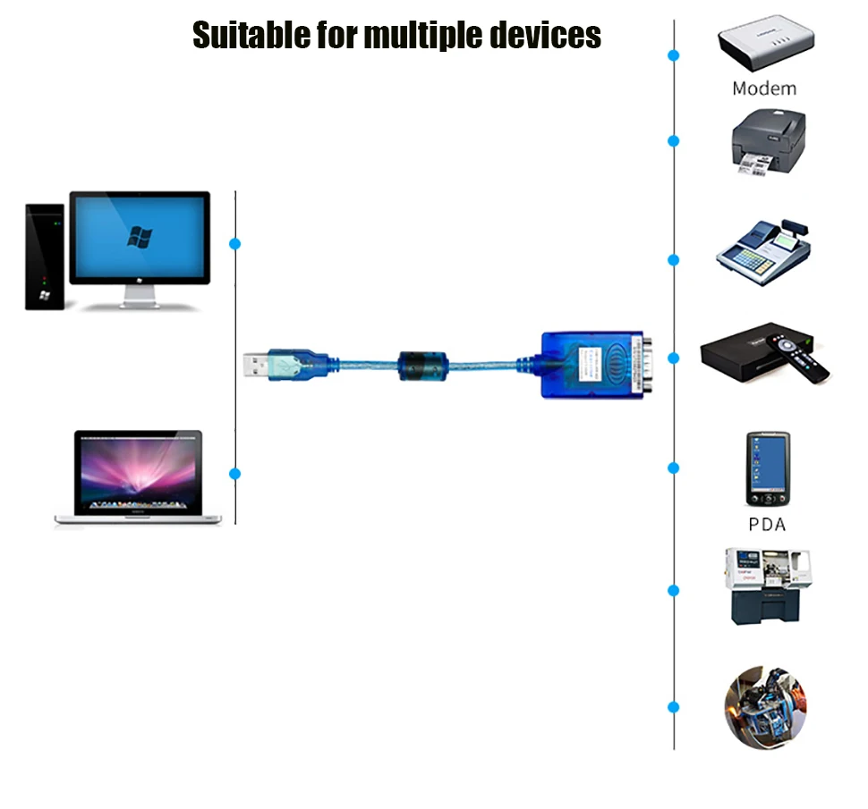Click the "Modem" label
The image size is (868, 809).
(763, 88)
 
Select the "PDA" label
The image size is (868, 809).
(767, 524)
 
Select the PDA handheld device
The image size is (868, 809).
(768, 469)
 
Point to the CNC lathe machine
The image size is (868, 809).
(768, 585)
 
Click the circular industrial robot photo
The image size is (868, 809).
(765, 706)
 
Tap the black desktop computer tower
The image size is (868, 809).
(44, 257)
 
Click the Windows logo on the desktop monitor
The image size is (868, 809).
(140, 237)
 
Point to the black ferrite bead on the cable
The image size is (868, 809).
(421, 366)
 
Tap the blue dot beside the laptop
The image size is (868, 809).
(235, 474)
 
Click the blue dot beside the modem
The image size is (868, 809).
(674, 55)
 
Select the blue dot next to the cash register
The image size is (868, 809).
(674, 260)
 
